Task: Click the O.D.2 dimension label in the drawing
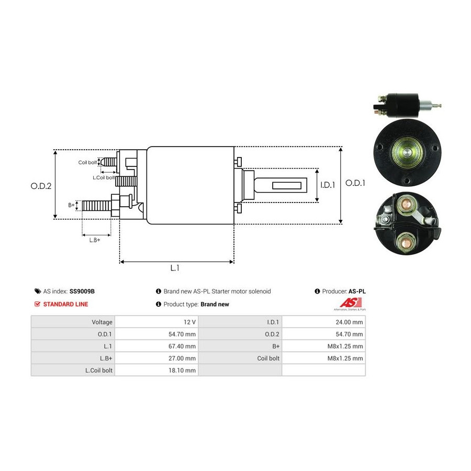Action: [41, 186]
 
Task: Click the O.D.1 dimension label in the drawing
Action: [355, 183]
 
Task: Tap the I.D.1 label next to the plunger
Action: [328, 185]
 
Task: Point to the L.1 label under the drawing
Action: [175, 268]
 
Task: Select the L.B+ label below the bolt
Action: [95, 240]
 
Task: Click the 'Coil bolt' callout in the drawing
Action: [87, 163]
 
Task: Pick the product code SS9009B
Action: [82, 291]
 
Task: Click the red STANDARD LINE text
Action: [65, 304]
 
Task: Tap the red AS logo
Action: [350, 303]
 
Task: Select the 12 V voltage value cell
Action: [156, 322]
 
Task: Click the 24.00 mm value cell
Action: [323, 322]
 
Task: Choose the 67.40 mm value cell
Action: [156, 346]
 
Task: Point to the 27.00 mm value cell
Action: [156, 358]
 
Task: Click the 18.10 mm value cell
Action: [156, 370]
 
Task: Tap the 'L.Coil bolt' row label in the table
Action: [99, 371]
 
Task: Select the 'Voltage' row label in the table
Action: [102, 322]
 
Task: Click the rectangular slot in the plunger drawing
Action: [287, 185]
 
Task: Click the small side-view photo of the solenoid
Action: [407, 105]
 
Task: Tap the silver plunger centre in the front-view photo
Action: [407, 152]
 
